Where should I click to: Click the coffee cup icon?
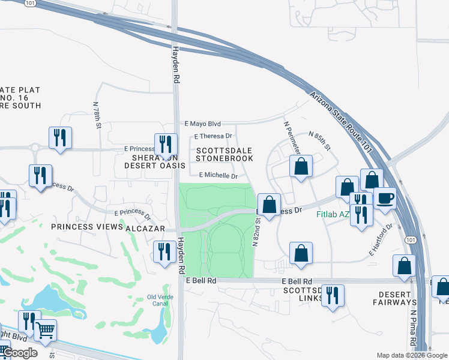[x=385, y=198]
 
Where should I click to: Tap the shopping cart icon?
[x=45, y=329]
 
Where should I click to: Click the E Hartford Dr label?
[x=381, y=239]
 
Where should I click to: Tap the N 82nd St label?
[x=256, y=230]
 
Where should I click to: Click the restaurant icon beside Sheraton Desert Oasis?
[x=164, y=144]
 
